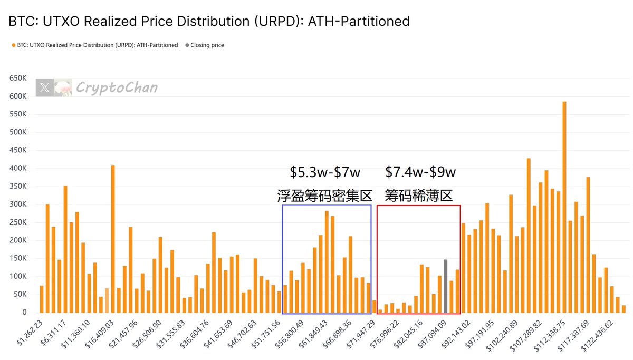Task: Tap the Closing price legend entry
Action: click(x=207, y=45)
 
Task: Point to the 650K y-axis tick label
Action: click(x=17, y=79)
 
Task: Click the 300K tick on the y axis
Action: click(x=17, y=205)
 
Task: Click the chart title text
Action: click(x=209, y=22)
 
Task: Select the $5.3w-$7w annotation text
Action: click(x=325, y=172)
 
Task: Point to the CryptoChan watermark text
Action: click(x=117, y=87)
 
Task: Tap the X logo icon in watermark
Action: click(x=45, y=88)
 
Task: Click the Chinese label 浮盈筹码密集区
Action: click(x=325, y=196)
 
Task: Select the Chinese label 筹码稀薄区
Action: click(x=419, y=196)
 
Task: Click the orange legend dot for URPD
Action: click(x=13, y=45)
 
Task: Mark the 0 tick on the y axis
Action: click(x=24, y=313)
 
